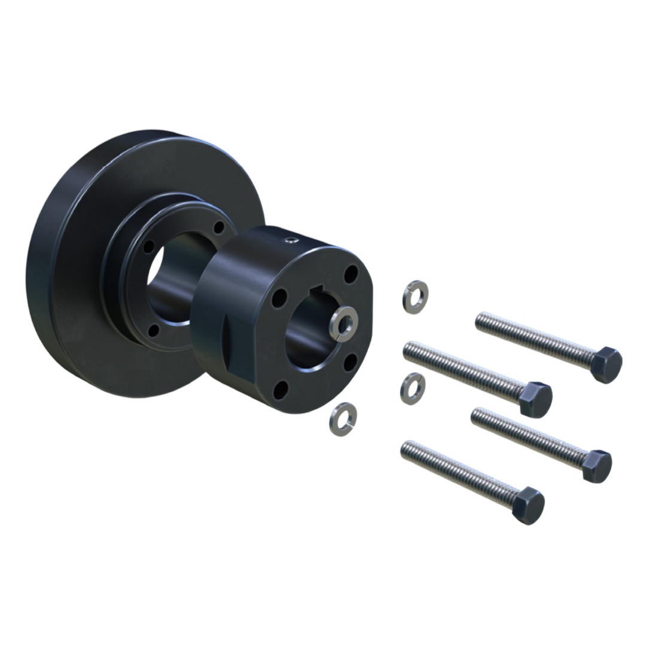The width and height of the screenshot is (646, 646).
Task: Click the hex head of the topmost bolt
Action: tap(607, 364)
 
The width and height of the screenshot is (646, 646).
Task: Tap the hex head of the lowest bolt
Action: tap(529, 505)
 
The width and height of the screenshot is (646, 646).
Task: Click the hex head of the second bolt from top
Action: tap(535, 399)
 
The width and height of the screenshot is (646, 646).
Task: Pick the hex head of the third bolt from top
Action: tap(597, 466)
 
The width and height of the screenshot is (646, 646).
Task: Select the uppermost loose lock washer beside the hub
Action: tap(415, 296)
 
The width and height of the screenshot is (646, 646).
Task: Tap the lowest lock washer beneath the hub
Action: tap(343, 419)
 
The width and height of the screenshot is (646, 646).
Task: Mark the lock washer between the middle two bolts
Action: tap(412, 388)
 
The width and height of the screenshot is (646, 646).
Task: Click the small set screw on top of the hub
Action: tap(291, 240)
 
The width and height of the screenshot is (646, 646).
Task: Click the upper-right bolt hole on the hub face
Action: tap(352, 274)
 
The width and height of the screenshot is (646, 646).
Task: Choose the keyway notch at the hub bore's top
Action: tap(321, 292)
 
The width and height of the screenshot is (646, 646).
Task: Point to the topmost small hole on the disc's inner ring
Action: tap(219, 228)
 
